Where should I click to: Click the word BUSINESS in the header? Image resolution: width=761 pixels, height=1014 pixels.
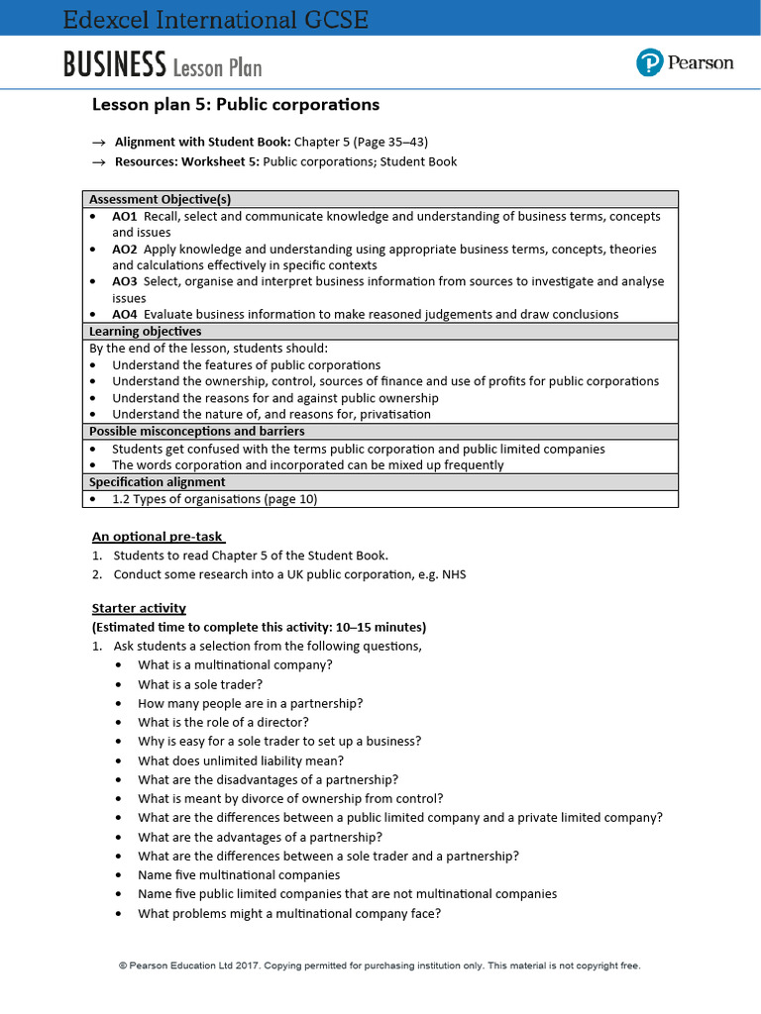pyautogui.click(x=114, y=65)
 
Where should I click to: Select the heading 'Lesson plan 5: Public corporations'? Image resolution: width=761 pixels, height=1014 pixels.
pyautogui.click(x=235, y=105)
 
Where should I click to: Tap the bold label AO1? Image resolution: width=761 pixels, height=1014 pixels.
pyautogui.click(x=124, y=216)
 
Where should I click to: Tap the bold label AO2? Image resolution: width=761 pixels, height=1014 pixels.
pyautogui.click(x=125, y=249)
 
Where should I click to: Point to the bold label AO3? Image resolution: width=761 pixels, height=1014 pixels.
pyautogui.click(x=125, y=281)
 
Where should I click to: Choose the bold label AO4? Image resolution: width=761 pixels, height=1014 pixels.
pyautogui.click(x=125, y=314)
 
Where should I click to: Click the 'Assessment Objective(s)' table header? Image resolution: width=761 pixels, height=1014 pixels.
pyautogui.click(x=160, y=199)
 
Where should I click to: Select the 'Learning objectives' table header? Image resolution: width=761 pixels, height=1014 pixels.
pyautogui.click(x=145, y=331)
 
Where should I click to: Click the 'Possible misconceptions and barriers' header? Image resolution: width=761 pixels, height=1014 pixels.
pyautogui.click(x=196, y=432)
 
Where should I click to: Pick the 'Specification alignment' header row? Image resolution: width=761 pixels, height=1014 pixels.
pyautogui.click(x=157, y=482)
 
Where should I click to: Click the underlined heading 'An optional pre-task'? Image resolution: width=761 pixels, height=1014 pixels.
pyautogui.click(x=158, y=537)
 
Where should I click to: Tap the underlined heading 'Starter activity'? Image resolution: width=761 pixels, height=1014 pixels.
pyautogui.click(x=139, y=608)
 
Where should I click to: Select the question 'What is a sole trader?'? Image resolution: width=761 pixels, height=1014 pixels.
pyautogui.click(x=200, y=684)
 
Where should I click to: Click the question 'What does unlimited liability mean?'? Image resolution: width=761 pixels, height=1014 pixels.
pyautogui.click(x=241, y=760)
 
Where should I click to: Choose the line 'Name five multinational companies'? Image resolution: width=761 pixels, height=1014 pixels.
pyautogui.click(x=239, y=874)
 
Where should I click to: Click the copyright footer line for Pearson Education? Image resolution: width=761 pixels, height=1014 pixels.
pyautogui.click(x=380, y=965)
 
